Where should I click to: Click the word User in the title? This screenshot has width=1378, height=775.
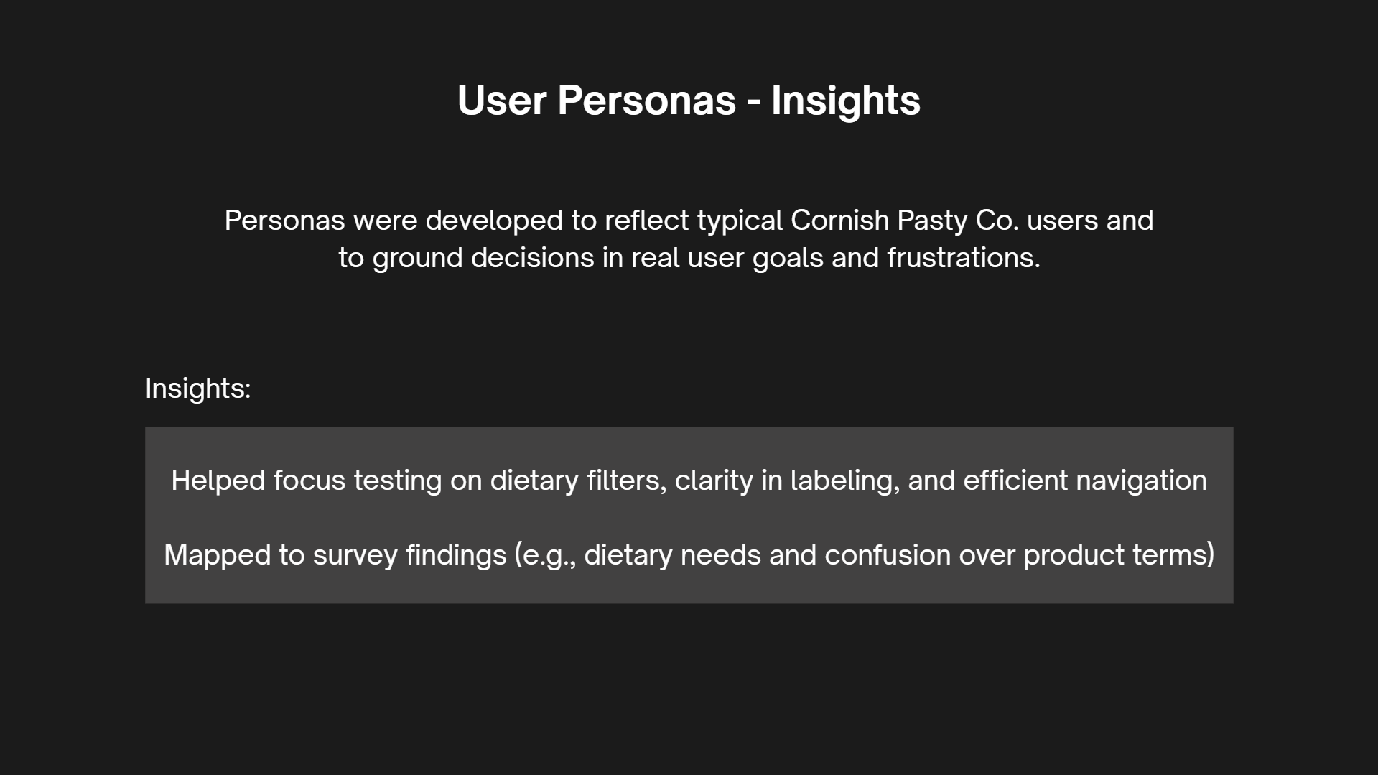(x=501, y=100)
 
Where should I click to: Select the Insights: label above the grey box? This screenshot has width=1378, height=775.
(x=197, y=389)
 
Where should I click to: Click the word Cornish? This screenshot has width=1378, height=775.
(x=839, y=221)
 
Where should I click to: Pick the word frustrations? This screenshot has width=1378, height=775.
(x=964, y=258)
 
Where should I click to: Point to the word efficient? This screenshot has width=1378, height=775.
(x=1015, y=481)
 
